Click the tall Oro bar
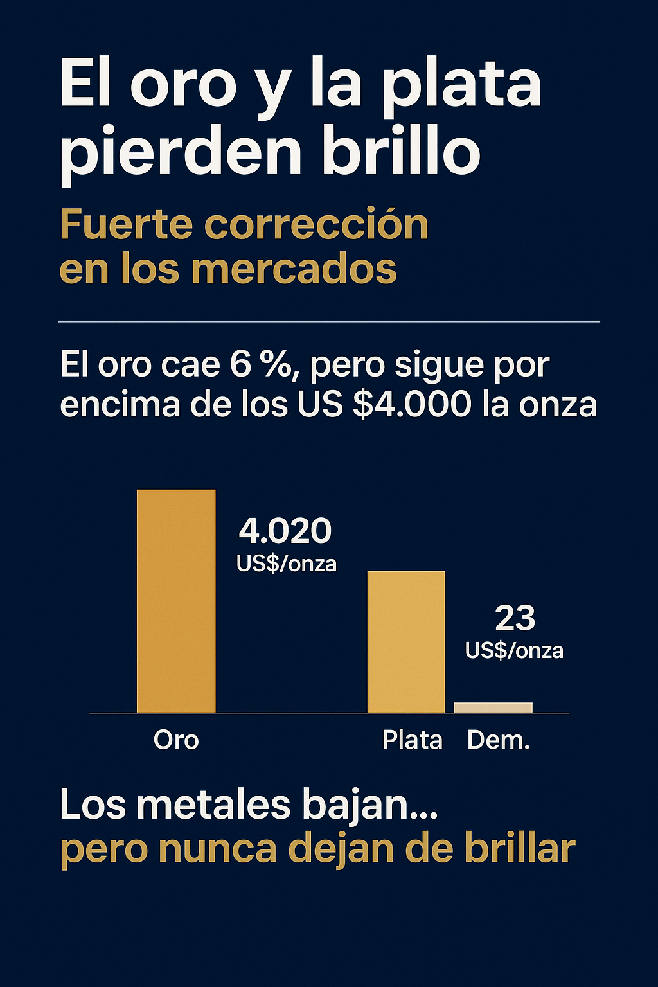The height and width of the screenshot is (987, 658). [176, 601]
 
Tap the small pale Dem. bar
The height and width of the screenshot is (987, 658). [493, 707]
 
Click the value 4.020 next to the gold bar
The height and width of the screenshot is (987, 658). [285, 531]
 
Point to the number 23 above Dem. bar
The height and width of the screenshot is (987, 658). [515, 618]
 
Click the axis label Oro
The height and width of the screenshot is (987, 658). [176, 740]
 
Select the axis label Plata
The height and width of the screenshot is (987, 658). [412, 740]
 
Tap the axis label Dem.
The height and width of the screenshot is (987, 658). [499, 740]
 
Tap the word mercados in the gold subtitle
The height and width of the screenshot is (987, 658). [294, 268]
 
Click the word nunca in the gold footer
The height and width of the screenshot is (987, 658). [218, 849]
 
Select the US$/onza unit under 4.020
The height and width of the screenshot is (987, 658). [287, 564]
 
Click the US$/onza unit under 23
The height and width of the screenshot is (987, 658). [514, 651]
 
